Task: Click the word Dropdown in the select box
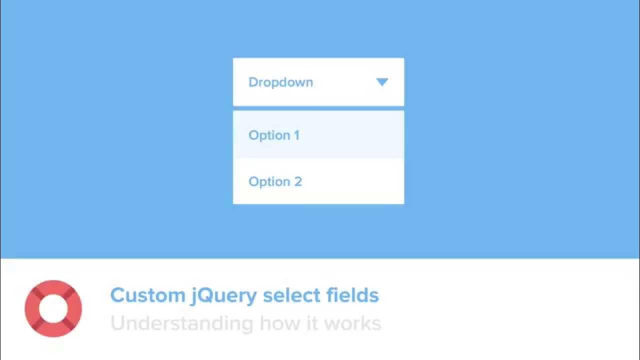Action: pos(280,82)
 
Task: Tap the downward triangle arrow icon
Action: pos(382,82)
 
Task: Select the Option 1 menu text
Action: pos(274,135)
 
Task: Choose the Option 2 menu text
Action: pos(275,182)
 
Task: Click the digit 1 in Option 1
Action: pos(296,135)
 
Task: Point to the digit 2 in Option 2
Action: pos(298,182)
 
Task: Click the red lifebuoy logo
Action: pos(53,308)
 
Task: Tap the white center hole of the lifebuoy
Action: pos(53,308)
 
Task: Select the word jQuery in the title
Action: pos(224,296)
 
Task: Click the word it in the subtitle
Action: pos(312,323)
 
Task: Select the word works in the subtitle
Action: pos(352,323)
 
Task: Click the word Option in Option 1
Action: pos(269,135)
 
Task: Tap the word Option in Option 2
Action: pos(269,182)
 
